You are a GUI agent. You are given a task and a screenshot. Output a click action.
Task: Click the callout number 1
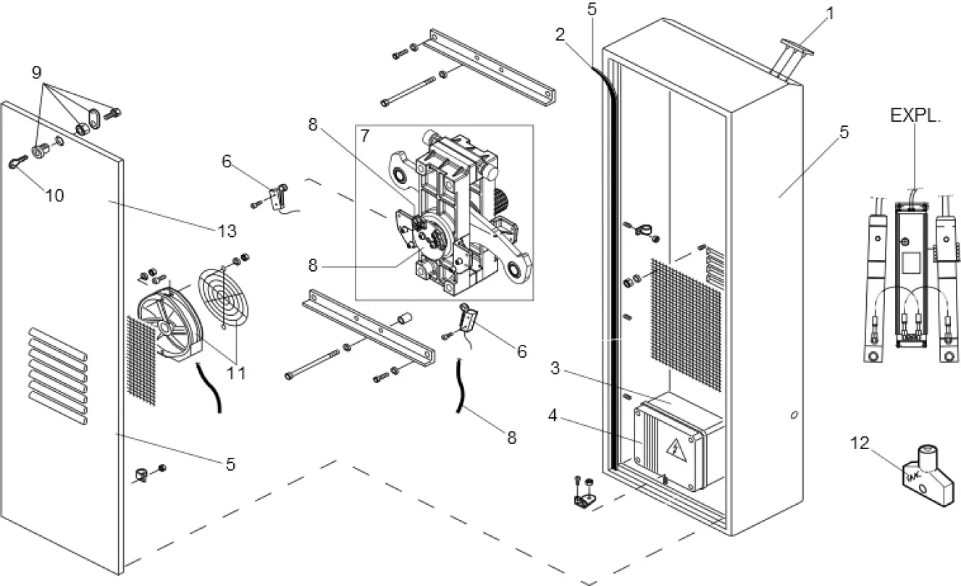tap(831, 12)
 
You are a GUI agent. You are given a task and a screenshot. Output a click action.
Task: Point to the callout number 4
tap(553, 417)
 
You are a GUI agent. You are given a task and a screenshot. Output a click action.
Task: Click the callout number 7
tap(365, 135)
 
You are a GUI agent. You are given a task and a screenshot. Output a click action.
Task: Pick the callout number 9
tap(36, 72)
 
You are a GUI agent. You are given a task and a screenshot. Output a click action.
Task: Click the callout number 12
tap(860, 443)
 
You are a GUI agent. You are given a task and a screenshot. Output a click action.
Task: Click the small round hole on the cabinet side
tap(794, 416)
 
